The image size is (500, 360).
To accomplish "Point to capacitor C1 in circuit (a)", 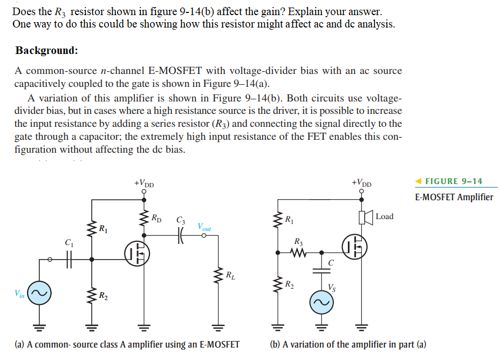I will click(69, 260).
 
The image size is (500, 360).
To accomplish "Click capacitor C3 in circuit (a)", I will click(180, 231).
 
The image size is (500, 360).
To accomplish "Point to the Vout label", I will click(204, 227).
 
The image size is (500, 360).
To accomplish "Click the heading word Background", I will click(46, 51).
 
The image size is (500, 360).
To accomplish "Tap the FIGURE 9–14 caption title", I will click(454, 181).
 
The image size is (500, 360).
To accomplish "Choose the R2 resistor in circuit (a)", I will click(91, 294).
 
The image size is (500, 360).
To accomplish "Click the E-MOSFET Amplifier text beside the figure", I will click(454, 197).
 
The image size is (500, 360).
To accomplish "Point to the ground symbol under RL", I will click(219, 327).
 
